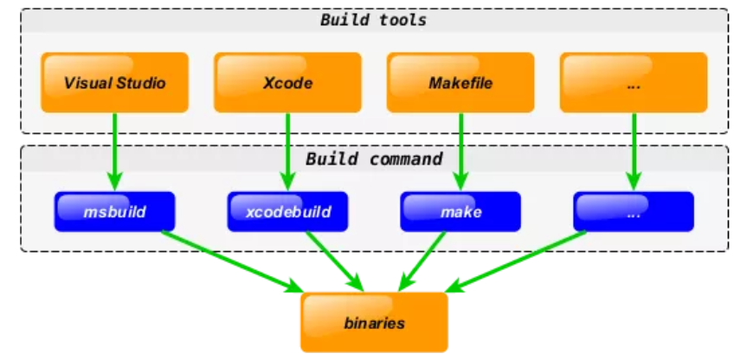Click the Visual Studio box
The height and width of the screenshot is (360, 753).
(x=115, y=82)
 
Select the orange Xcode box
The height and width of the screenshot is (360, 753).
(x=287, y=82)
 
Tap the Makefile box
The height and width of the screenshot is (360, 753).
(x=460, y=82)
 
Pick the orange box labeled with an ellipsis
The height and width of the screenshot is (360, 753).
(x=634, y=82)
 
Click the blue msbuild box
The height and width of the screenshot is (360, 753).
(x=115, y=212)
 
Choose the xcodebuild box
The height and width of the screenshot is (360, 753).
(x=287, y=212)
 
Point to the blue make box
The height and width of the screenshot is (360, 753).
(x=460, y=212)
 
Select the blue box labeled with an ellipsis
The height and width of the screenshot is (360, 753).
(x=634, y=212)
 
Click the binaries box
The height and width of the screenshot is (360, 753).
(x=374, y=323)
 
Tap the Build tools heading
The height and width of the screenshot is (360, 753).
(x=373, y=20)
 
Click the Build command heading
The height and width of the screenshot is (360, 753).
(x=374, y=159)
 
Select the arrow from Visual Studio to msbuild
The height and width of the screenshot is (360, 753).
(x=115, y=151)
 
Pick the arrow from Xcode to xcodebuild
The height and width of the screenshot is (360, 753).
(x=287, y=151)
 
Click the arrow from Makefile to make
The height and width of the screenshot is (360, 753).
(x=460, y=151)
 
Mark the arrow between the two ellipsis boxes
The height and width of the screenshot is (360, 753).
(x=634, y=151)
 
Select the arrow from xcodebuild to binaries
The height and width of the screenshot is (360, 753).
(x=335, y=261)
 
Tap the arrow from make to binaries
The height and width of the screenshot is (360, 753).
(x=422, y=261)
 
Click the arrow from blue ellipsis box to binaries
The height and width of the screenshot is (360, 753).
(x=516, y=261)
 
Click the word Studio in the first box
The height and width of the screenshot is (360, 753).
(x=141, y=83)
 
